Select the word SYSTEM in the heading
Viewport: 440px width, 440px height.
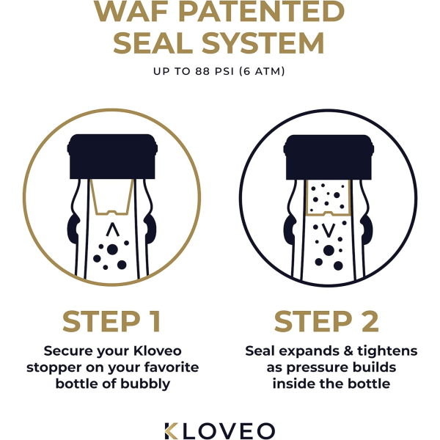coord(263,43)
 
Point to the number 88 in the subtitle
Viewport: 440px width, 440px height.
coord(202,71)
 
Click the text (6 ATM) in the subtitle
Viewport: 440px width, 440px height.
coord(262,71)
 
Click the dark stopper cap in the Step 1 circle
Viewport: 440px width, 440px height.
coord(112,156)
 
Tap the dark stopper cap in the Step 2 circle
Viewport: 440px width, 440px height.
coord(329,157)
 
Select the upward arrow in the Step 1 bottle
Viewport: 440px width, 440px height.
coord(113,230)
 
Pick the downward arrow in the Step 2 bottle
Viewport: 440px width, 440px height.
coord(329,230)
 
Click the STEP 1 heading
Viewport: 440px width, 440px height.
coord(111,321)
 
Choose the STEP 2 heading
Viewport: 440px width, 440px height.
coord(326,321)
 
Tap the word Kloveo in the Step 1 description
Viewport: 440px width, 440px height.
coord(158,351)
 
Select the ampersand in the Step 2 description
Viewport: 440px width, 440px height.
coord(348,351)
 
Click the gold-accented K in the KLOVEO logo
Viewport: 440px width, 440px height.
coord(171,430)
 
